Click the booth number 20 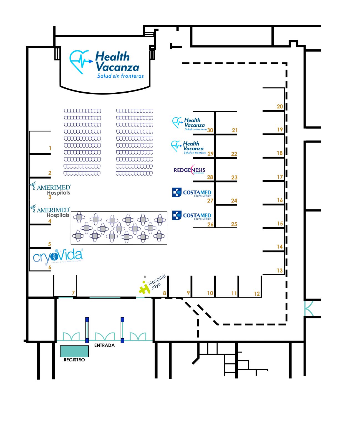pyautogui.click(x=280, y=106)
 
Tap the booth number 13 pyautogui.click(x=279, y=270)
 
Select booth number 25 pyautogui.click(x=234, y=224)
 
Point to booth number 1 pyautogui.click(x=50, y=148)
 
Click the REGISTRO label pyautogui.click(x=74, y=360)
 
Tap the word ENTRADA pyautogui.click(x=104, y=345)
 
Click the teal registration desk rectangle pyautogui.click(x=74, y=351)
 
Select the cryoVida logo pyautogui.click(x=58, y=256)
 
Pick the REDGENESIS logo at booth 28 pyautogui.click(x=190, y=170)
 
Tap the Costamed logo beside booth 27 pyautogui.click(x=191, y=192)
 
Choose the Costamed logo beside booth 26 pyautogui.click(x=191, y=215)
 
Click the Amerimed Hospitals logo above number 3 pyautogui.click(x=51, y=189)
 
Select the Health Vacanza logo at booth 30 pyautogui.click(x=189, y=123)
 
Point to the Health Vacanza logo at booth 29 pyautogui.click(x=188, y=147)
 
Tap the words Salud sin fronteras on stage pyautogui.click(x=120, y=76)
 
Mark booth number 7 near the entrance pyautogui.click(x=73, y=293)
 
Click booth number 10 pyautogui.click(x=210, y=293)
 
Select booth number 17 pyautogui.click(x=280, y=177)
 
